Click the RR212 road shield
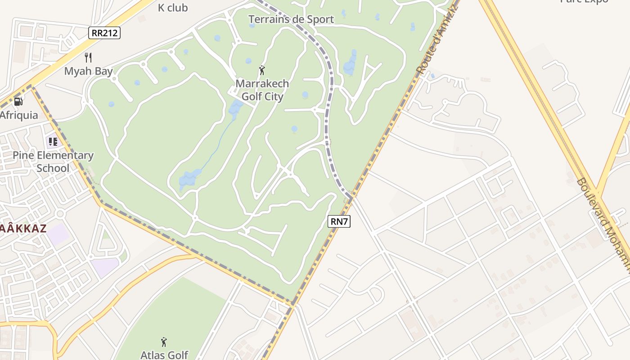coord(104,32)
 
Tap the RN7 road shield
coord(340,221)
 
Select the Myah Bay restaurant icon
coord(88,58)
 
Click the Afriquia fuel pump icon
coord(18,102)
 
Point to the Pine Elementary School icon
coord(53,142)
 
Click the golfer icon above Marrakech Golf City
coord(262,70)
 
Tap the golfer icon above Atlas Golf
coord(164,342)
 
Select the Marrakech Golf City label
coord(262,90)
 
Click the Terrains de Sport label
coord(291,19)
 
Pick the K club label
coord(173,8)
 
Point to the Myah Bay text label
coord(88,71)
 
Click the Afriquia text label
coord(19,115)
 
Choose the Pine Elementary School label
coord(53,162)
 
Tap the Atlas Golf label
coord(164,355)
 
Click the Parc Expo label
coord(584,1)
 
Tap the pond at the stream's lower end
coord(189,178)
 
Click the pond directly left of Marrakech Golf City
coord(235,108)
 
